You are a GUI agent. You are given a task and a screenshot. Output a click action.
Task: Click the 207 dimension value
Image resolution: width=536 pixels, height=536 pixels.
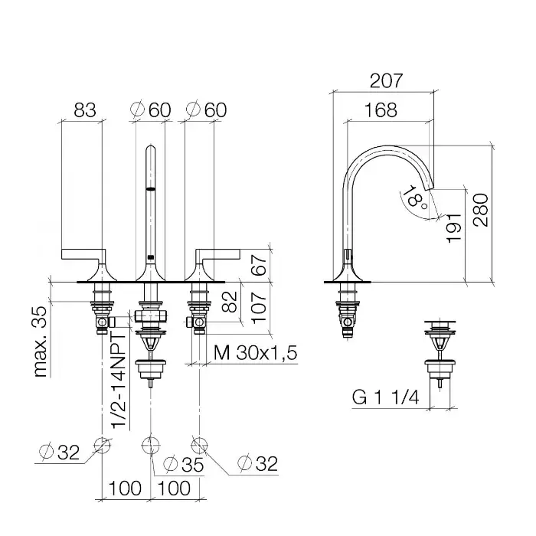tap(386, 81)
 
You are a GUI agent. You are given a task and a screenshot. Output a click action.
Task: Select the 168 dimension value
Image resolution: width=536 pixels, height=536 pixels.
tap(381, 110)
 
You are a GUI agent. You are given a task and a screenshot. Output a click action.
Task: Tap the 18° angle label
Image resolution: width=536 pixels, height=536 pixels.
tap(415, 198)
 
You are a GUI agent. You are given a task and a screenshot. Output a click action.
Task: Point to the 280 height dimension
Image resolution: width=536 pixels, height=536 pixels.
tap(481, 210)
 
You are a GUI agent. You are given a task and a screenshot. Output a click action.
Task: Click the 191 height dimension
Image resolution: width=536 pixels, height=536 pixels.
tap(455, 228)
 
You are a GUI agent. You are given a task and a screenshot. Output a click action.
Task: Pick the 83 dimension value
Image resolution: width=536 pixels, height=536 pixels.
tap(85, 110)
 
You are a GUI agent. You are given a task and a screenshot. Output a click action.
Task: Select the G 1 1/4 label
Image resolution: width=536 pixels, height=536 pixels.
tap(386, 397)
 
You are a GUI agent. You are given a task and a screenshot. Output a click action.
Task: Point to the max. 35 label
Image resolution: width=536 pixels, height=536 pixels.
tap(41, 342)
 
